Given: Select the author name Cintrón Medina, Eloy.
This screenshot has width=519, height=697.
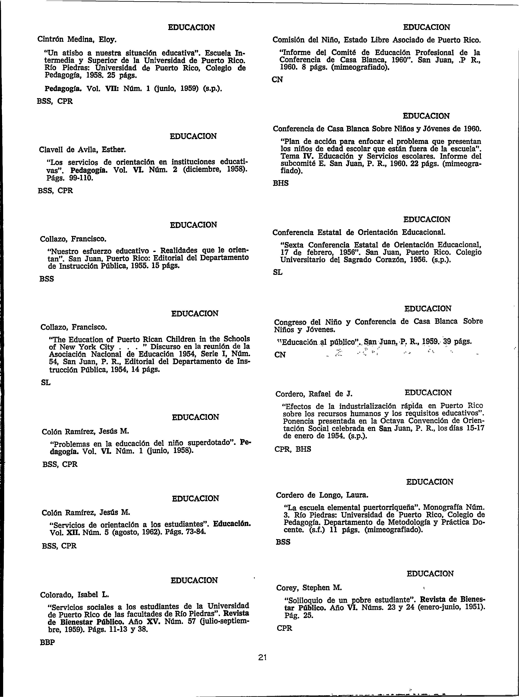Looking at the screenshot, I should pyautogui.click(x=77, y=40).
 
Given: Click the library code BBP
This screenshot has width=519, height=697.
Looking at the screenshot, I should pyautogui.click(x=47, y=643).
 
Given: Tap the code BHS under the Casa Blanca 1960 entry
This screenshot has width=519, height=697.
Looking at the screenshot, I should pyautogui.click(x=281, y=183).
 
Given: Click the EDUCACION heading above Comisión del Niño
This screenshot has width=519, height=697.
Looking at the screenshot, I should pyautogui.click(x=426, y=27).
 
